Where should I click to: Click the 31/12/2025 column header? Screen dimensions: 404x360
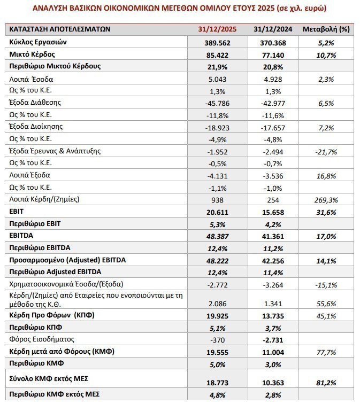click(x=216, y=29)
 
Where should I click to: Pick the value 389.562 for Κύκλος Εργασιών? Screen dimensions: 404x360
click(x=216, y=42)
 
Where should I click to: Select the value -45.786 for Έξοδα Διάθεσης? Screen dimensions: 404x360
click(x=216, y=102)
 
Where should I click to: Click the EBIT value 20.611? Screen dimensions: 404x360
click(x=216, y=212)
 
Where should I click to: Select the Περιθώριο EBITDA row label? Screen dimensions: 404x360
click(x=40, y=247)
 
